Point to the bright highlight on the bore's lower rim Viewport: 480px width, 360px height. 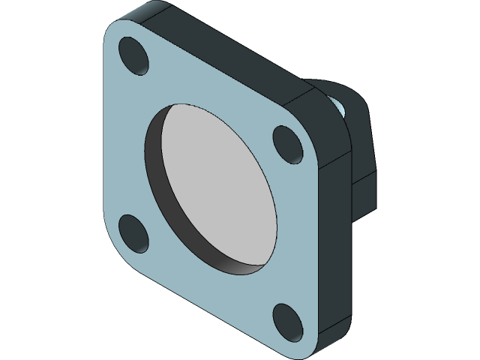(240, 266)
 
